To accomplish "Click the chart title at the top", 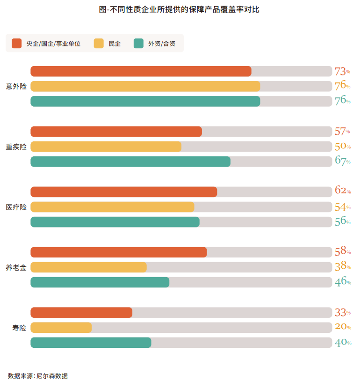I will tap(180, 9).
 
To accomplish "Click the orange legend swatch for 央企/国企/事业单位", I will tap(17, 44).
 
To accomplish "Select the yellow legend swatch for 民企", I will tap(99, 44).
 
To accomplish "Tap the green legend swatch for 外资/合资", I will tap(138, 44).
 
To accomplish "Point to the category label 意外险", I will tap(16, 87).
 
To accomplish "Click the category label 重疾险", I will tap(16, 147).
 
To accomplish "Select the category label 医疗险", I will tap(16, 207).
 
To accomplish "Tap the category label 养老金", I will tap(16, 267).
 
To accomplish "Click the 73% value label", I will tap(342, 72).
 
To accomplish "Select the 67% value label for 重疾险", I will tap(342, 161).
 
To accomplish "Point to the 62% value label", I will tap(342, 191).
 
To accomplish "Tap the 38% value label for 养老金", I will tap(342, 267).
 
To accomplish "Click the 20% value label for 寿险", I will tap(342, 327).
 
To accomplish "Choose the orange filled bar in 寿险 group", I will tap(81, 313).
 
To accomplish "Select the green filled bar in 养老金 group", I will tap(100, 282).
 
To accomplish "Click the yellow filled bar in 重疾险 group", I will tap(106, 147).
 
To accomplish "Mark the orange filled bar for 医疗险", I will tap(124, 192).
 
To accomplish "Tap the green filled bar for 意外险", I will tap(145, 101).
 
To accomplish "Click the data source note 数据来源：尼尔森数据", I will tap(38, 375).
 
